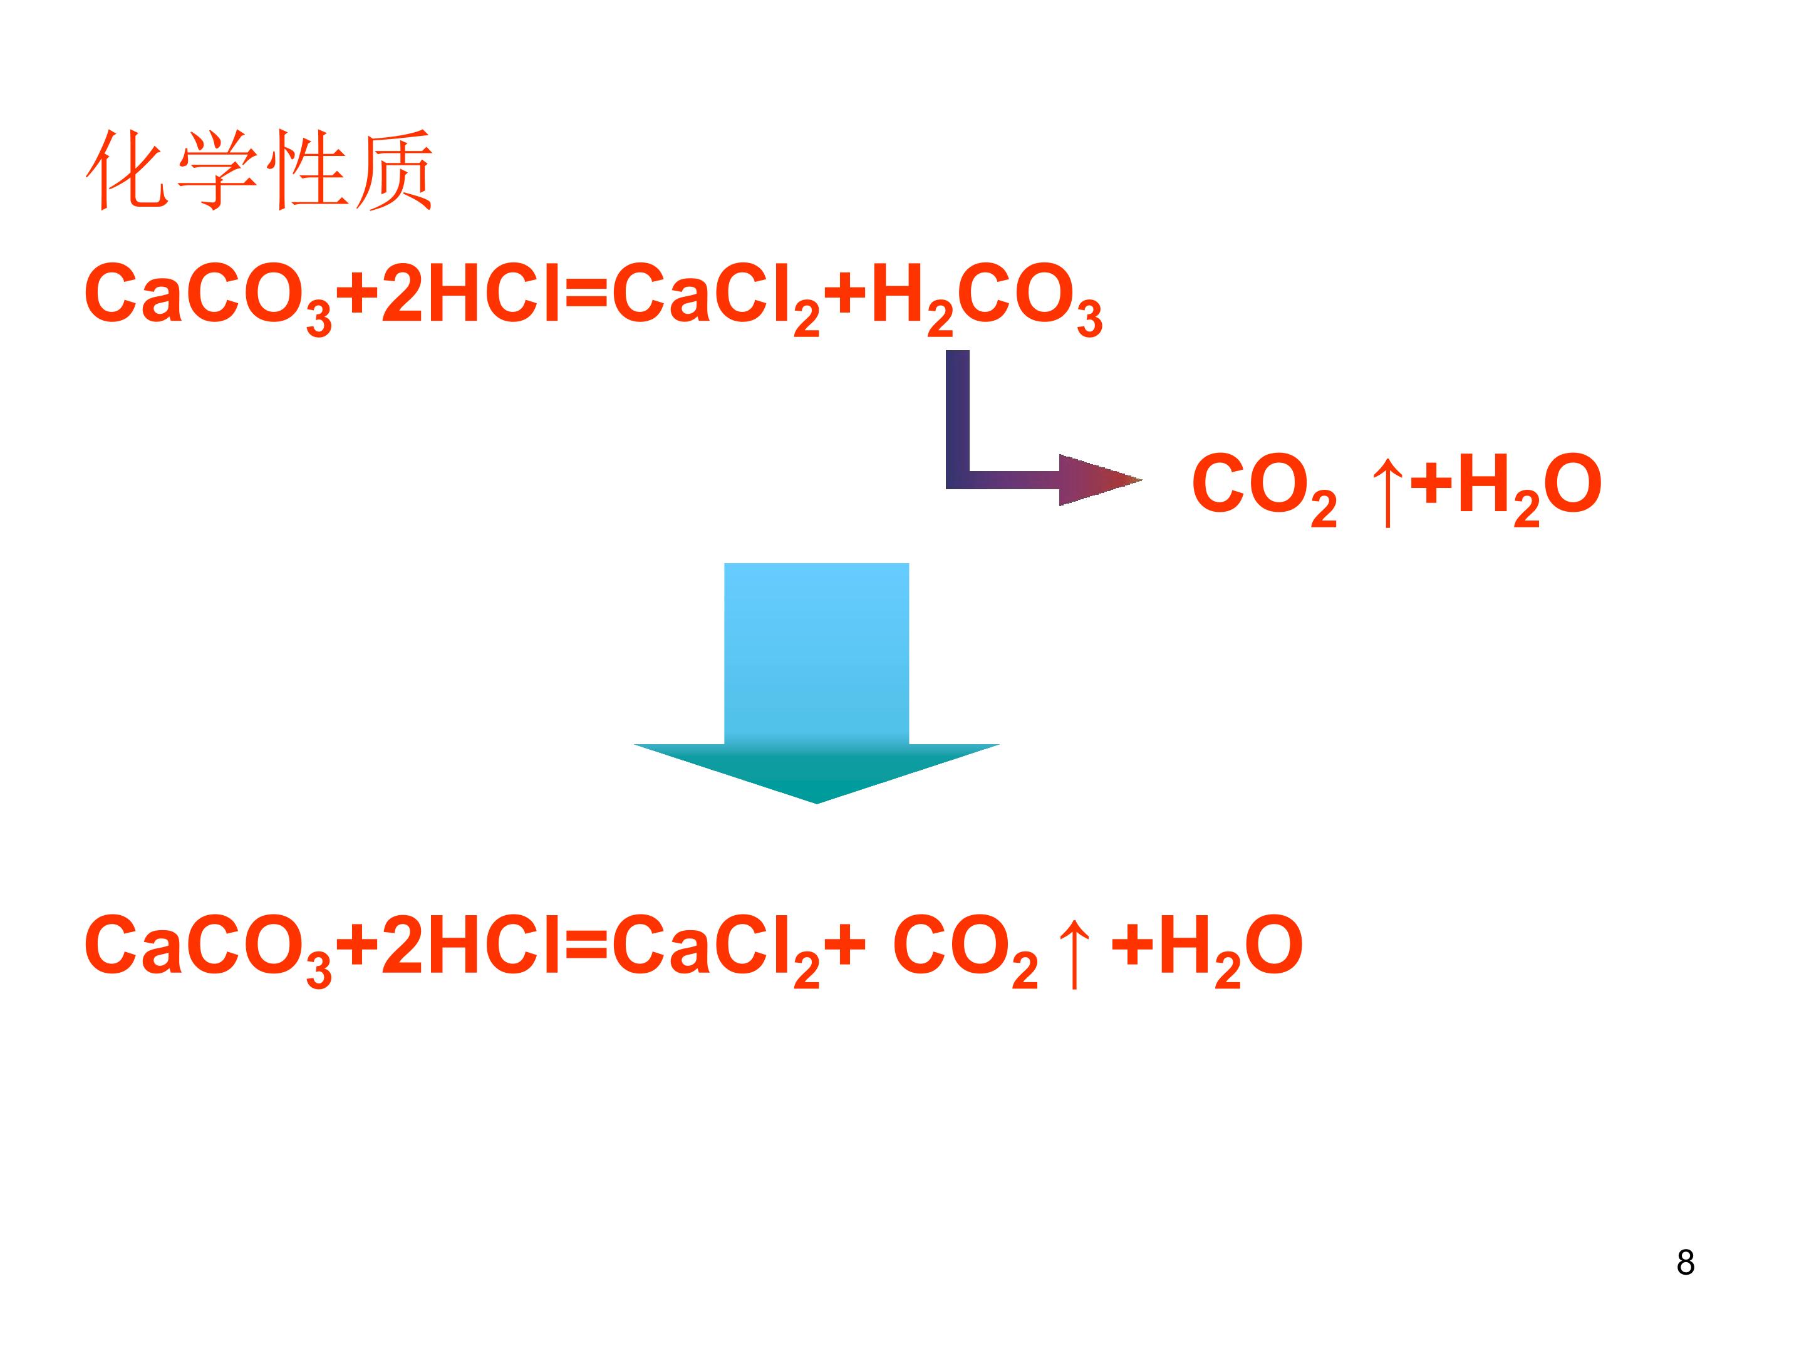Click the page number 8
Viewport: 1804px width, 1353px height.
[1686, 1262]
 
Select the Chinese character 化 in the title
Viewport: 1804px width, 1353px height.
[127, 170]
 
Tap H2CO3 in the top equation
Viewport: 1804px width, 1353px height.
[987, 297]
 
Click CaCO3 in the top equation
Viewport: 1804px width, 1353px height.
[208, 297]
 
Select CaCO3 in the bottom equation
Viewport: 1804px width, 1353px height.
[208, 948]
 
